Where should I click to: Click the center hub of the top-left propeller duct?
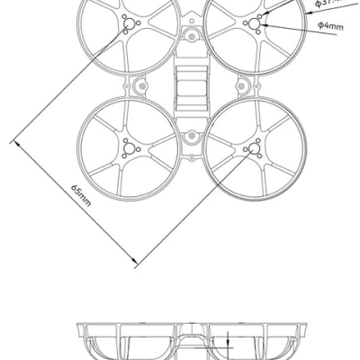click(127, 25)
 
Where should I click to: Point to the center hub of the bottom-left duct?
click(126, 149)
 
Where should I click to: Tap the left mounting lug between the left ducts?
click(139, 87)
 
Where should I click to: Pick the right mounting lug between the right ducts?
click(241, 87)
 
